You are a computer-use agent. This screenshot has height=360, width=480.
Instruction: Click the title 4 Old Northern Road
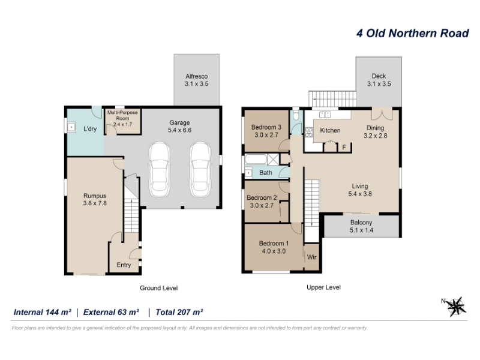pos(412,34)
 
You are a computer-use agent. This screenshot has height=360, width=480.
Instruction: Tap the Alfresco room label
pos(197,76)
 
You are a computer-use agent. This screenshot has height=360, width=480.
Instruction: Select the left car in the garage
pos(159,170)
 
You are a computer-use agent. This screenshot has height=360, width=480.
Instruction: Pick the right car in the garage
pos(200,170)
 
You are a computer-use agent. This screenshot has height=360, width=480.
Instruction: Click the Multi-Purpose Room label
pos(122,115)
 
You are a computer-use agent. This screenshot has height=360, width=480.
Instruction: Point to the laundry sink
pos(71,127)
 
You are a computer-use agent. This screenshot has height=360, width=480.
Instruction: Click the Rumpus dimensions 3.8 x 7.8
pos(95,203)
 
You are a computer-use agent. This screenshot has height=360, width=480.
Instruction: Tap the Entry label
pos(124,265)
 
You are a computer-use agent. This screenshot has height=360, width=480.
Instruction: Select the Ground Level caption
pos(158,288)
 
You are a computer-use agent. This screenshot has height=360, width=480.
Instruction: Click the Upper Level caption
pos(323,287)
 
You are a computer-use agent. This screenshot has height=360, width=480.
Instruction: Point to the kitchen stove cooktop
pos(309,132)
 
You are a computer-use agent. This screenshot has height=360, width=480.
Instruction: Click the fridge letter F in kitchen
pos(344,148)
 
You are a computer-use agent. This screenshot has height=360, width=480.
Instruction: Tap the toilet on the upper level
pos(296,115)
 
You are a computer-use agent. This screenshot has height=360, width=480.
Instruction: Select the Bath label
pos(266,173)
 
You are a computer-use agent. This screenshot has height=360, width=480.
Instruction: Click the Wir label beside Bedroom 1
pos(311,257)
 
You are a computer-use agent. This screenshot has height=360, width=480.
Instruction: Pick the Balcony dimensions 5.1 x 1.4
pos(362,230)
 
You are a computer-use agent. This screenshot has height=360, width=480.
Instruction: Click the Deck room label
pos(379,76)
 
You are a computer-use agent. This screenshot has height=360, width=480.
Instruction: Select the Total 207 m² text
pos(179,312)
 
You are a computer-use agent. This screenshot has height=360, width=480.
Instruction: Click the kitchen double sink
pos(325,115)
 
